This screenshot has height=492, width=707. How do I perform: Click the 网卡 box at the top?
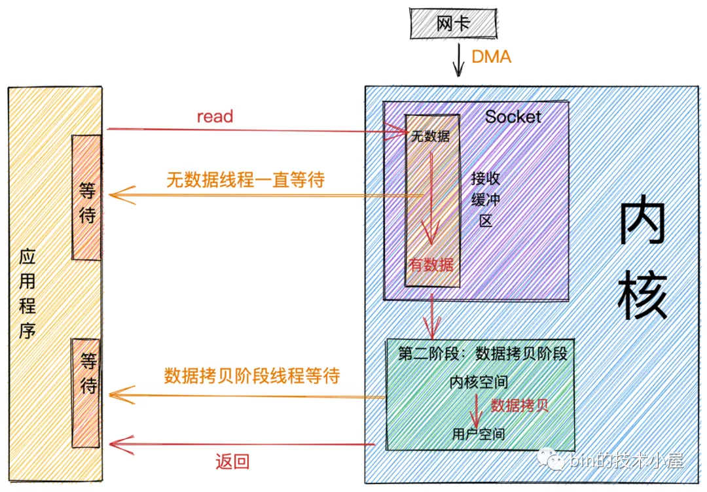point(453,24)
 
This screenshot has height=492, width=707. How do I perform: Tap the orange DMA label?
point(491,57)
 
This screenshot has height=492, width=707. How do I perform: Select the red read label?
point(215,116)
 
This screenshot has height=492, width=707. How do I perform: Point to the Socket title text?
point(513,116)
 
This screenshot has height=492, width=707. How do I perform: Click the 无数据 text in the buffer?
point(430,136)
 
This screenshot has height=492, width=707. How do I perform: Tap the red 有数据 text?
point(431,265)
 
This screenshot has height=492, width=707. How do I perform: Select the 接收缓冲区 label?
point(485,200)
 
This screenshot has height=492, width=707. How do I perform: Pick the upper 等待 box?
point(86,198)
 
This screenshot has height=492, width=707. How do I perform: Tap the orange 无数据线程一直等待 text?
point(245,180)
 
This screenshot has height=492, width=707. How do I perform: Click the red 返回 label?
point(232,462)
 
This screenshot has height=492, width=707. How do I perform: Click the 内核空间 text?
point(479,382)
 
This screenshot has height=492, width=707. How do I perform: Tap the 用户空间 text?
point(479,434)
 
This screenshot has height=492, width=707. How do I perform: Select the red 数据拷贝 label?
point(519,405)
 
